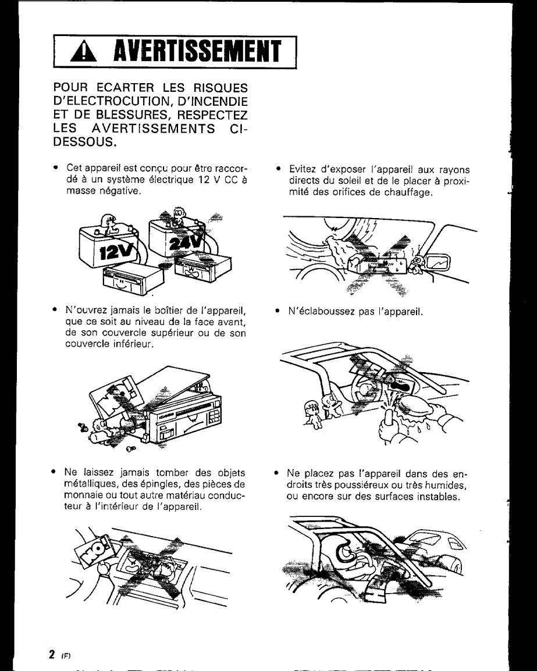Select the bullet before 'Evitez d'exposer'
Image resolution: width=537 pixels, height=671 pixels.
pyautogui.click(x=279, y=169)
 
